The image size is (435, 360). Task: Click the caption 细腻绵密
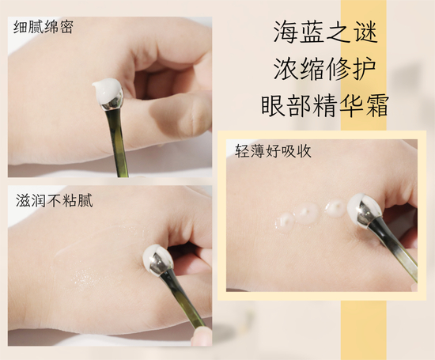pyautogui.click(x=43, y=27)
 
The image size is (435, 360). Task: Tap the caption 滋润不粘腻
pyautogui.click(x=54, y=200)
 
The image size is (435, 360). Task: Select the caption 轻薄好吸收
pyautogui.click(x=274, y=151)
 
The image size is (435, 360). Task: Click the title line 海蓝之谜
pyautogui.click(x=325, y=32)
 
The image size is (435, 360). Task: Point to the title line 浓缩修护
pyautogui.click(x=324, y=69)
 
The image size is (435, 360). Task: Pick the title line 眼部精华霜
pyautogui.click(x=324, y=105)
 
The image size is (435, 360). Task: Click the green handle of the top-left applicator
pyautogui.click(x=117, y=142)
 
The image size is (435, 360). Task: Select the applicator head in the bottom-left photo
pyautogui.click(x=158, y=260)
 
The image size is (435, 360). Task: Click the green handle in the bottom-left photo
pyautogui.click(x=184, y=299)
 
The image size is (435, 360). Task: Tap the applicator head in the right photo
pyautogui.click(x=364, y=210)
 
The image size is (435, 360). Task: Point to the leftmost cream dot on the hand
pyautogui.click(x=285, y=222)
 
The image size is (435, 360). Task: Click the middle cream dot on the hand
pyautogui.click(x=306, y=213)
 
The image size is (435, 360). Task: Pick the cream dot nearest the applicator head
pyautogui.click(x=336, y=207)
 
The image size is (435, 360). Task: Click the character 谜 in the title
pyautogui.click(x=366, y=32)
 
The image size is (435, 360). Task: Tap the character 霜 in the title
pyautogui.click(x=376, y=105)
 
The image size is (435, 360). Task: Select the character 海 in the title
pyautogui.click(x=285, y=32)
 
